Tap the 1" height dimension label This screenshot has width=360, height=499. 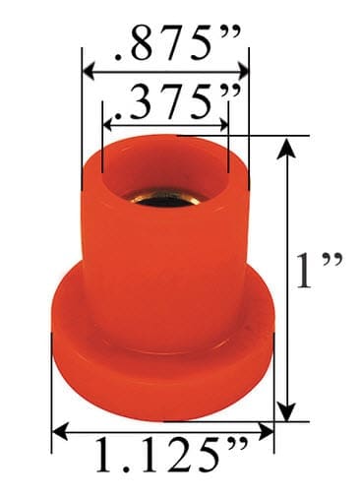pos(319,270)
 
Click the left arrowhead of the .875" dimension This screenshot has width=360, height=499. pos(90,71)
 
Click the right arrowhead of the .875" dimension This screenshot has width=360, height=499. pos(241,71)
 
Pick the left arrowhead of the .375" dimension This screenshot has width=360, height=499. pos(109,124)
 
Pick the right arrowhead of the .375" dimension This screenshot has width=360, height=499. pos(222,124)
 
